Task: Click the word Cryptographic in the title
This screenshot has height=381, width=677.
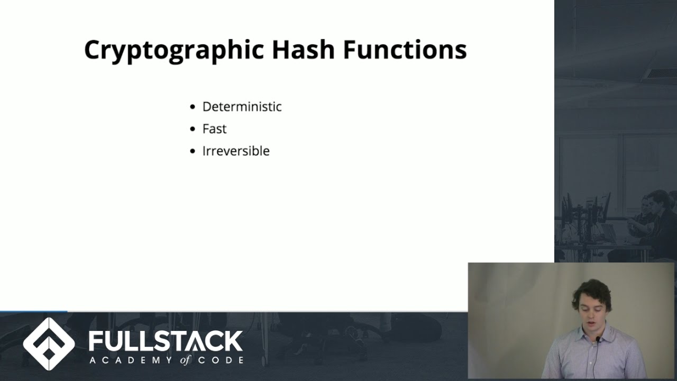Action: [174, 50]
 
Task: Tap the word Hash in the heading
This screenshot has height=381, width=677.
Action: [303, 50]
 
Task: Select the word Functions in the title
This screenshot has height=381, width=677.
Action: [405, 50]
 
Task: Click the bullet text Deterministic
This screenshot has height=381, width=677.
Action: [242, 106]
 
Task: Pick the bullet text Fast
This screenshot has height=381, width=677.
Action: [214, 129]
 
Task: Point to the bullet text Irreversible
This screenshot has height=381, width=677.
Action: [236, 151]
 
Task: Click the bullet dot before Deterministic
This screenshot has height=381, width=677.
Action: [193, 107]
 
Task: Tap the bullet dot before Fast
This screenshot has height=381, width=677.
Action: [193, 129]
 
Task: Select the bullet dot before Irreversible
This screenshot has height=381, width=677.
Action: [193, 151]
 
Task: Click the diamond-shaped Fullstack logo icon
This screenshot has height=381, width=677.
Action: [49, 344]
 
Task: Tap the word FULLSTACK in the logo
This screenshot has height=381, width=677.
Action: [166, 341]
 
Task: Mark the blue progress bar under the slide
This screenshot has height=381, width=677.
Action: [33, 311]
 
